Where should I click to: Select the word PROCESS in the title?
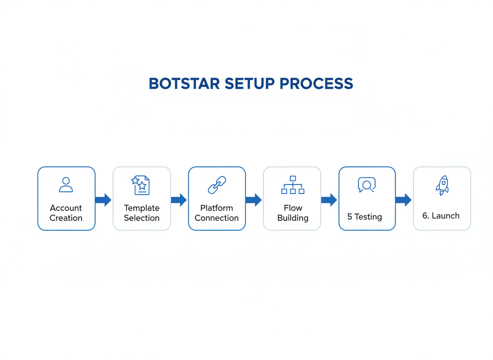(x=316, y=84)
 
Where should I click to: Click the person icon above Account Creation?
(x=66, y=185)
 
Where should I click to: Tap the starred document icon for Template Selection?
(x=141, y=185)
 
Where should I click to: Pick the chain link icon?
(x=217, y=185)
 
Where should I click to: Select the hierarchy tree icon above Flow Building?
(x=293, y=185)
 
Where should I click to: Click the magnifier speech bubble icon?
(x=366, y=185)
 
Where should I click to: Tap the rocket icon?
(x=442, y=185)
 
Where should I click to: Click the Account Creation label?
(x=66, y=213)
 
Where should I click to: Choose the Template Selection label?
(x=142, y=213)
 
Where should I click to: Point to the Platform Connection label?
(x=217, y=213)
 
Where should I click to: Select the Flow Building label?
(x=293, y=213)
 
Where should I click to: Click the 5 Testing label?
(x=365, y=217)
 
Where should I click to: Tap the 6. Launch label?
(x=441, y=216)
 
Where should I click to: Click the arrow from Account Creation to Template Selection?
(x=103, y=200)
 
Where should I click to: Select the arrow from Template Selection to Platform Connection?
(x=179, y=200)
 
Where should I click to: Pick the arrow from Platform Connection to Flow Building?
(x=254, y=200)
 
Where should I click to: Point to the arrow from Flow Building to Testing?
(x=329, y=200)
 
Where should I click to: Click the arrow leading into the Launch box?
(x=403, y=200)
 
